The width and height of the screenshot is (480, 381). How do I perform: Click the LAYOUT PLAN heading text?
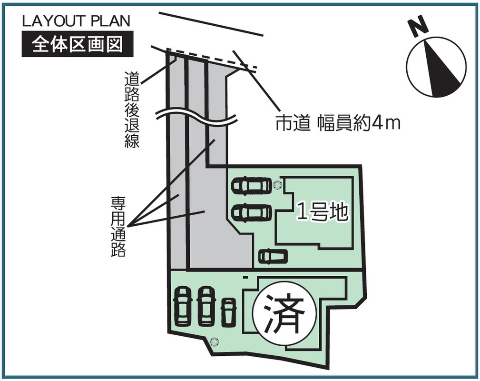click(76, 21)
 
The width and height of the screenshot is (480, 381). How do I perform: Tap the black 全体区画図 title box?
click(78, 45)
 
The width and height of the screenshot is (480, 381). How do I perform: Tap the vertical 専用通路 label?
click(118, 226)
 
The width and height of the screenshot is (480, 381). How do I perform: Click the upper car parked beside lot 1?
click(252, 186)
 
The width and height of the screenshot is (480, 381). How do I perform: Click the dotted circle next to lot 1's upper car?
click(277, 185)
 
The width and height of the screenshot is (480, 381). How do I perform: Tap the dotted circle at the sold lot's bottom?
click(214, 341)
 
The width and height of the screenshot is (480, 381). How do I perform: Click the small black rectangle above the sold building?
click(245, 277)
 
